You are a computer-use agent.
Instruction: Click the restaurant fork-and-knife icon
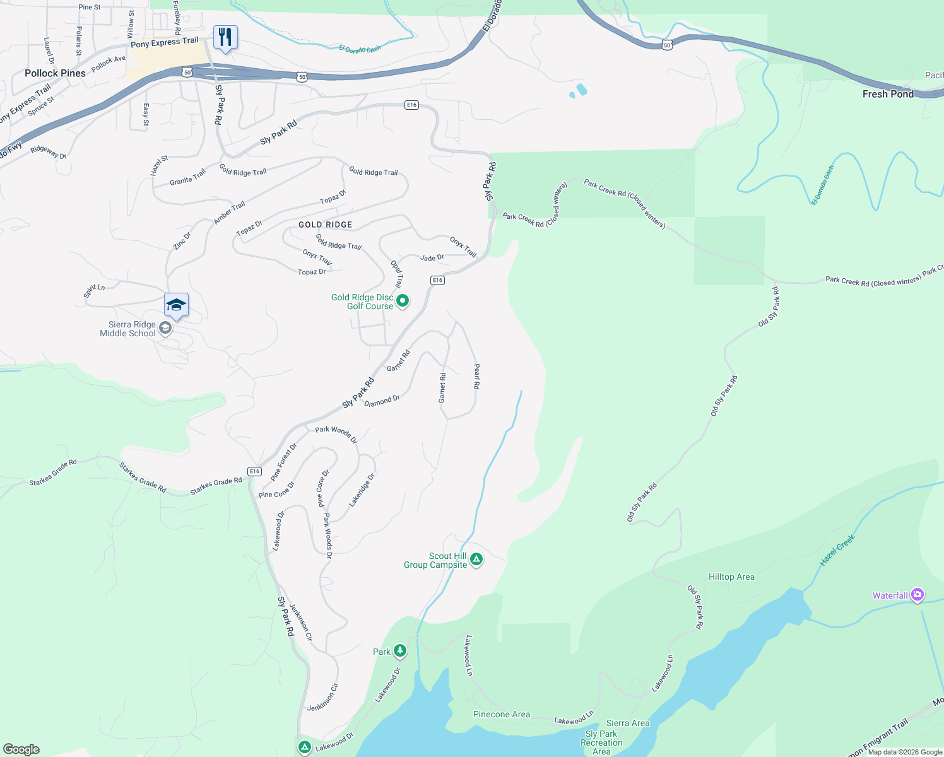coord(225,37)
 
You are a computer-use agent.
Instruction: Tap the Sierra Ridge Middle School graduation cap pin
coord(176,306)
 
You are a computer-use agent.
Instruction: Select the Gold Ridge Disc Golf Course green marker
coord(403,301)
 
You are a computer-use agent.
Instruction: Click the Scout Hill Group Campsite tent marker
coord(476,559)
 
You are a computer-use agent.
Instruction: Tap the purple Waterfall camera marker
coord(917,595)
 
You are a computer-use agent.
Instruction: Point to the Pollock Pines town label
coord(55,73)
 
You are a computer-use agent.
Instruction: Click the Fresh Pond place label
coord(888,94)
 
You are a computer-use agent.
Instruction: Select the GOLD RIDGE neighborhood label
coord(325,225)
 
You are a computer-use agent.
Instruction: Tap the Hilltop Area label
coord(731,577)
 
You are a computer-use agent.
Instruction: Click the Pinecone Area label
coord(502,714)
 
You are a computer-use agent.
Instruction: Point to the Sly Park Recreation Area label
coord(601,742)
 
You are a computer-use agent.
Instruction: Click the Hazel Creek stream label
coord(837,550)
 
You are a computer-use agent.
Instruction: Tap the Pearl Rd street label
coord(477,376)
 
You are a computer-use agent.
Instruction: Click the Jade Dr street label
coord(432,257)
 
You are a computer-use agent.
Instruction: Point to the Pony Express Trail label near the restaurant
coord(165,42)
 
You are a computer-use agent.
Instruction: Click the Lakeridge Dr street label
coord(362,490)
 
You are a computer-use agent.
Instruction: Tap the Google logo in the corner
coord(21,749)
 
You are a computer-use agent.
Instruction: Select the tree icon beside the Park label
coord(399,650)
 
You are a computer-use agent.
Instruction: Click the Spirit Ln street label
coord(94,291)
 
